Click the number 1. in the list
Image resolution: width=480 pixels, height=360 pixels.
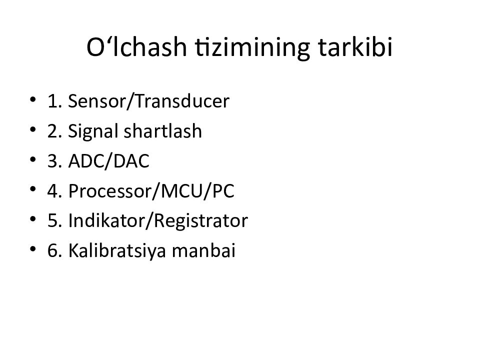pos(54,102)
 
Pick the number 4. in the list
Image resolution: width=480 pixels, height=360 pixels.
pos(54,191)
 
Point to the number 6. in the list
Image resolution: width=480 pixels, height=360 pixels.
pos(54,251)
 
